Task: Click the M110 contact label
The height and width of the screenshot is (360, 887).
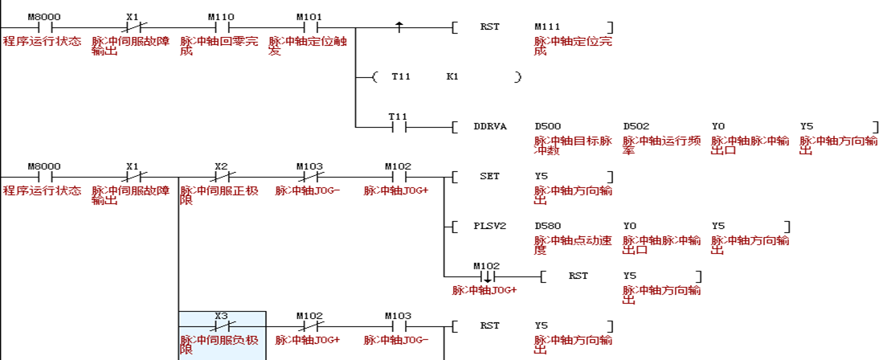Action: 221,16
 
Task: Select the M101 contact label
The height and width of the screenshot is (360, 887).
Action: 309,16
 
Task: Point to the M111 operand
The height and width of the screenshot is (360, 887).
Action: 547,27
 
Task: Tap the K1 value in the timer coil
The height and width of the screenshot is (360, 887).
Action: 452,76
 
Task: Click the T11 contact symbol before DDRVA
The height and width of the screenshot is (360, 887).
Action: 399,127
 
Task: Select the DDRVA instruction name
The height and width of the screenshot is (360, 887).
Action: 490,126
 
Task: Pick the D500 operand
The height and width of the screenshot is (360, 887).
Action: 548,126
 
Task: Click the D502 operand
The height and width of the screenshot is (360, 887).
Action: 636,126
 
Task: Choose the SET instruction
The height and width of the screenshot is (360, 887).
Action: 489,176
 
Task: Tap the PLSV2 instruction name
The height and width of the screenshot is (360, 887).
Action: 490,226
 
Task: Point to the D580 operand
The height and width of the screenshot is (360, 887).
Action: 548,226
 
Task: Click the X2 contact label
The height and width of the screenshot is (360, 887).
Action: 221,166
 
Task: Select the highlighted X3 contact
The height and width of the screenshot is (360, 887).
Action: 222,326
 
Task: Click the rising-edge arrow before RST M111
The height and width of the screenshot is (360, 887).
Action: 399,27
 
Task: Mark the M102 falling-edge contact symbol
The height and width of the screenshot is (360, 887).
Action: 487,276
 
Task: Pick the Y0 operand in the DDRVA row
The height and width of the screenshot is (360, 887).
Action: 718,126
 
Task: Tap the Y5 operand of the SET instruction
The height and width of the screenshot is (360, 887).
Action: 541,176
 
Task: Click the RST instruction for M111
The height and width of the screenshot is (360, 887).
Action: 489,27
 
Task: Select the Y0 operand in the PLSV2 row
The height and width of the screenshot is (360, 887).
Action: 630,226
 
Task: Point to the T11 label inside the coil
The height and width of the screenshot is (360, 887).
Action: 401,76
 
